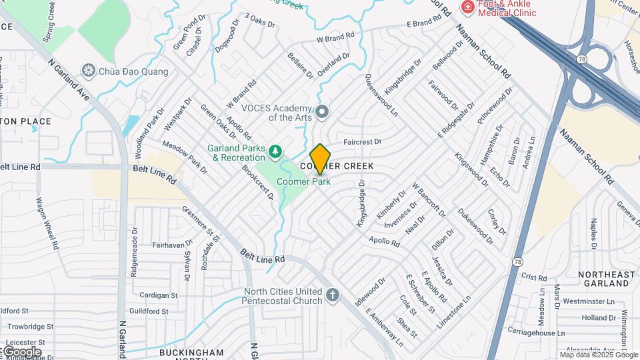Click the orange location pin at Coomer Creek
point(320,159)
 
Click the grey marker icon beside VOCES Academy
point(323,111)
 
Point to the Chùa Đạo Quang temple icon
point(88,70)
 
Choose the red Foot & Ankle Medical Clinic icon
point(468,7)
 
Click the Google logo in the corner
point(21,351)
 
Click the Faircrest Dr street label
point(362,142)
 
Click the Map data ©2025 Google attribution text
point(598,354)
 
